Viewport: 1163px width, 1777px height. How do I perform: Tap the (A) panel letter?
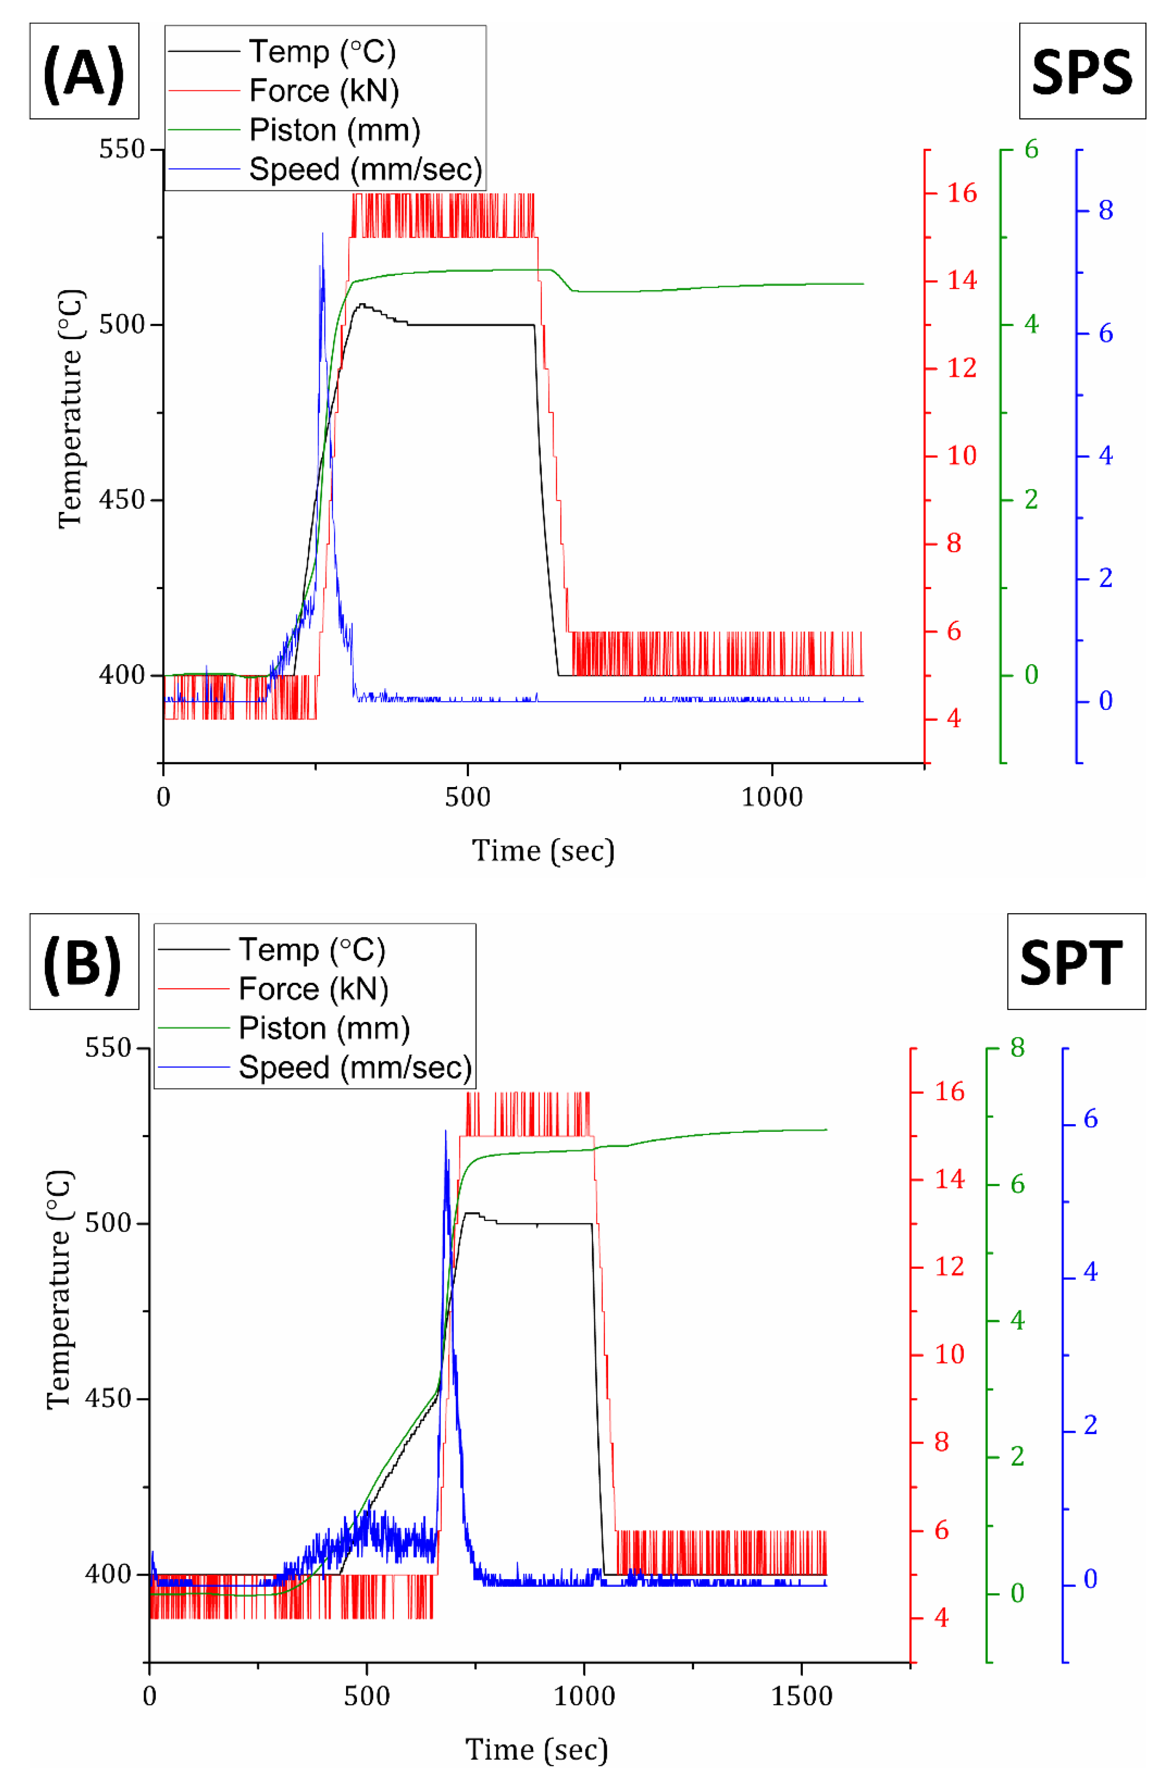tap(84, 71)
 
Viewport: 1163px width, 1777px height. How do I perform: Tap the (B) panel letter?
tap(84, 961)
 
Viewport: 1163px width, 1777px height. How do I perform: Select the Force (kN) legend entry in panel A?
tap(323, 91)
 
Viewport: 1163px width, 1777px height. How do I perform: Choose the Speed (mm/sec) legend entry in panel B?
tap(355, 1067)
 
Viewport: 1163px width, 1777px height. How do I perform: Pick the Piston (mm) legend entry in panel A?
tap(333, 130)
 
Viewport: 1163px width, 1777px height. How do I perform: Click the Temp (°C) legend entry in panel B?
tap(311, 950)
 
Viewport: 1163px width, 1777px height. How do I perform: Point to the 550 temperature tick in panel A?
tap(122, 150)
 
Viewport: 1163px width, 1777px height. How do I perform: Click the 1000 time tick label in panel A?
tap(771, 797)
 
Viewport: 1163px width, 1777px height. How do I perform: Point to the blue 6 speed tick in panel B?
tap(1090, 1118)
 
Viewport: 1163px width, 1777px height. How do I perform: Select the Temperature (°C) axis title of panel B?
tap(60, 1289)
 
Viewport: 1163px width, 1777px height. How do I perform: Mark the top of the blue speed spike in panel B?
tap(446, 1132)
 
